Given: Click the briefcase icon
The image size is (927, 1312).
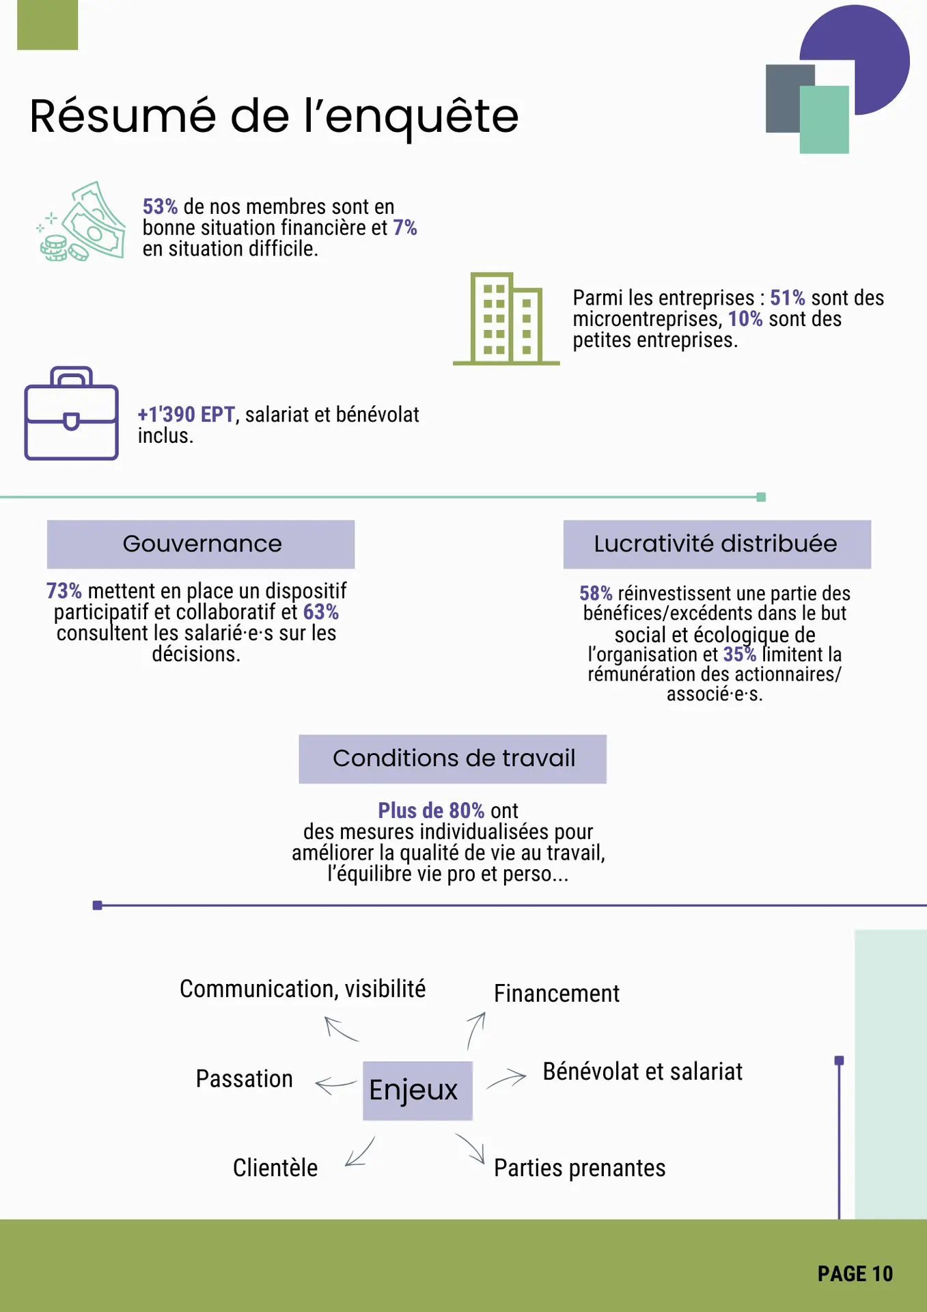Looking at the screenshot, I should point(72,413).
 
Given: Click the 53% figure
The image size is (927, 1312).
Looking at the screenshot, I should point(160,206).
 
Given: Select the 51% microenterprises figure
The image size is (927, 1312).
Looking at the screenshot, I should point(787,298).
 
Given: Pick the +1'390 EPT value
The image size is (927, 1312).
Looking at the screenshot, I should point(186,414).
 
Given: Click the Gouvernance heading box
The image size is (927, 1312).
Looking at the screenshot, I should point(201,544).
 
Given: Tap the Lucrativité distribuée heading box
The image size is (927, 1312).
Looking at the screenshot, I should point(717,544).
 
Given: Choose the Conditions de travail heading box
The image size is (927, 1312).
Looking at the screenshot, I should point(452,758).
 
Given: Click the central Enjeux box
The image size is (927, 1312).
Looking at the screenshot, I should point(417,1090).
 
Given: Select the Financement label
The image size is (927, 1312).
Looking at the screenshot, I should point(557,994).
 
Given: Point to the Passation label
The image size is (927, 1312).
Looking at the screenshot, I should point(244,1078).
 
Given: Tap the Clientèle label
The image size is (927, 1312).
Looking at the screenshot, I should point(275,1168).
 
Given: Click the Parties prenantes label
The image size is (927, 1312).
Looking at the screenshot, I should point(579,1168).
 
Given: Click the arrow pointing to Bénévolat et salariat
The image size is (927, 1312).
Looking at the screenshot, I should point(506,1080).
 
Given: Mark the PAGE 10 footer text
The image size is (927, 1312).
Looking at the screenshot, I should point(855,1274).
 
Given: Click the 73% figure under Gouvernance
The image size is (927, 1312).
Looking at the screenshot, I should point(64,590).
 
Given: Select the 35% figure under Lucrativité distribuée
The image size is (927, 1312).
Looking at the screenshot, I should point(739,655).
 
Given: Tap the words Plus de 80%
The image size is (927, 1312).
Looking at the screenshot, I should point(431,810).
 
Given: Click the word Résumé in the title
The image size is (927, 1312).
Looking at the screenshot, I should point(123,116).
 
